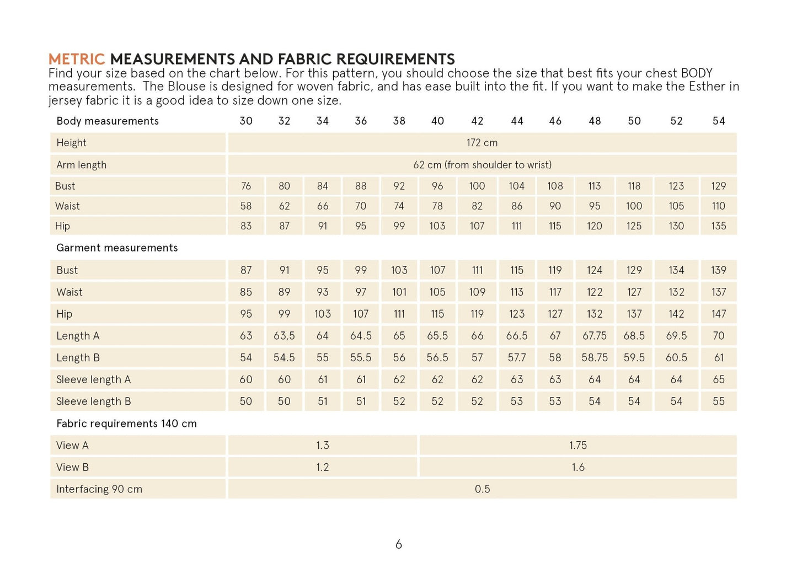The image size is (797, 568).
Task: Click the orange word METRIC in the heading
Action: (76, 59)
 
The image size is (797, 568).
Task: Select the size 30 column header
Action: (246, 121)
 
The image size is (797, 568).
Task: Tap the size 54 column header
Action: (718, 121)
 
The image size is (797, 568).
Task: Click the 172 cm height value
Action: (482, 143)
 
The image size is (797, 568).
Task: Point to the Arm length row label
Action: (81, 165)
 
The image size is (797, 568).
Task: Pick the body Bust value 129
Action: (718, 186)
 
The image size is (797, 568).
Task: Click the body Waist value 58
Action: (246, 206)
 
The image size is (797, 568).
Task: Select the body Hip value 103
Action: (437, 226)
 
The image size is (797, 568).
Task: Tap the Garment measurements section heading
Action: (117, 248)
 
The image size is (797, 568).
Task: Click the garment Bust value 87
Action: (246, 270)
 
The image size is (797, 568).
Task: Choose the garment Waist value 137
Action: (718, 292)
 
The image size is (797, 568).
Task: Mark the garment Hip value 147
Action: (718, 314)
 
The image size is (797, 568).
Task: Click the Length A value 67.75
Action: (594, 336)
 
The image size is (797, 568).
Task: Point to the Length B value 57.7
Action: (516, 358)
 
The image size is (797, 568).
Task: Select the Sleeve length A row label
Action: (93, 379)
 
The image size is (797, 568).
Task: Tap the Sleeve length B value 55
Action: (718, 401)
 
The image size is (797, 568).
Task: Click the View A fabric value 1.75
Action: (577, 446)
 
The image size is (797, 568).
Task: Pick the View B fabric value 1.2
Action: (322, 468)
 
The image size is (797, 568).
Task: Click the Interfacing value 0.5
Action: (482, 489)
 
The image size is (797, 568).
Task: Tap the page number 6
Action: (398, 545)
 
